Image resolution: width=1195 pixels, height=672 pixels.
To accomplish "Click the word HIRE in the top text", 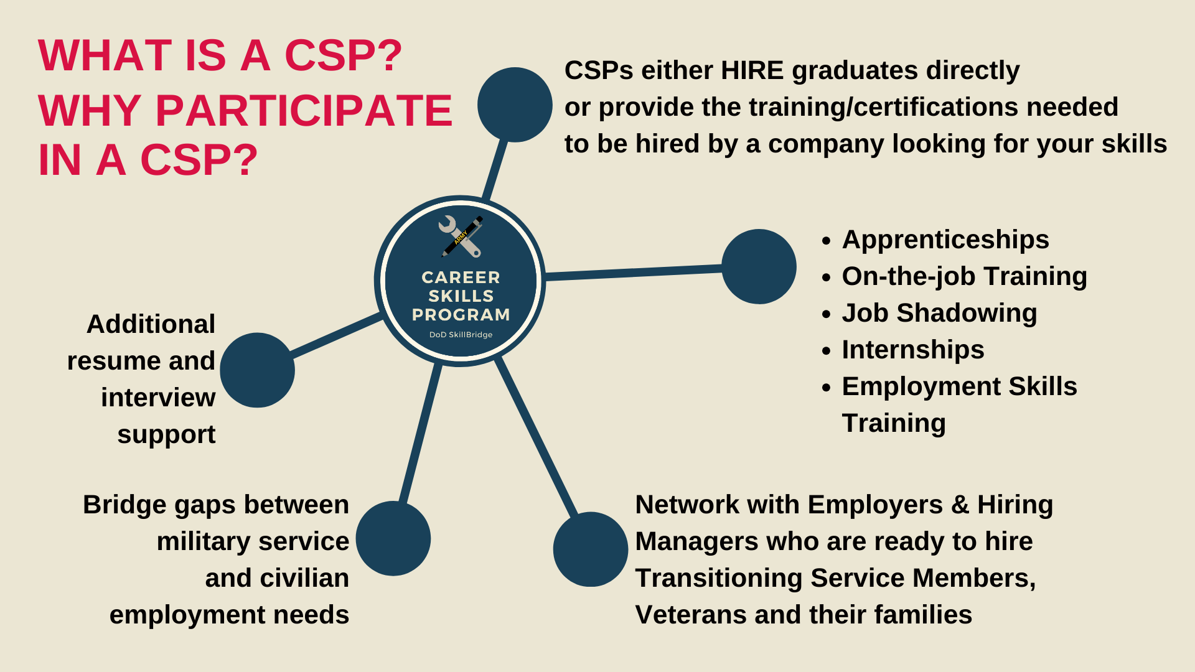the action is coord(752,70).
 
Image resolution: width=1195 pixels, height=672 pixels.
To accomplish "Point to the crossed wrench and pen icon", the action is coord(461,236).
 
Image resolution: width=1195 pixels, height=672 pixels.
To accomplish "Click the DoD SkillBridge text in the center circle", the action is coord(461,335).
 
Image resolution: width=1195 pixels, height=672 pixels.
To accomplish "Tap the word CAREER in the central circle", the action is coord(461,278).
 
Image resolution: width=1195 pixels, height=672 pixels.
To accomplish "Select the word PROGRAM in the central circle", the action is coord(461,315).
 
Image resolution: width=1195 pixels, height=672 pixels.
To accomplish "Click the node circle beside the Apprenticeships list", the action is coord(759,266).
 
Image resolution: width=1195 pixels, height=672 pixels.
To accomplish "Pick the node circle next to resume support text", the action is coord(257,370).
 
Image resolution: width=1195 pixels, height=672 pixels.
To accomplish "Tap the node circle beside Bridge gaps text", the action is coord(393,538).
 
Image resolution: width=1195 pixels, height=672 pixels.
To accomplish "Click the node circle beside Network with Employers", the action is coord(591,549).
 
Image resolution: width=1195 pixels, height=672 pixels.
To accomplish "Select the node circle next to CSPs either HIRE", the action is coord(515,105).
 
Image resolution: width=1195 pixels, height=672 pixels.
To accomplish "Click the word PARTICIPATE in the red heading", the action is coord(304,111).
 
